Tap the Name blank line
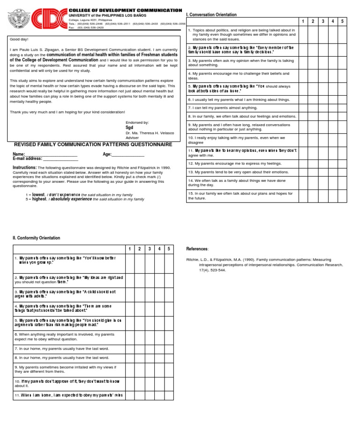[x=51, y=155]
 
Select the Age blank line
[x=128, y=155]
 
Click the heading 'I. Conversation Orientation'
[x=211, y=15]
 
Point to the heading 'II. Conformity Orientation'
[x=37, y=238]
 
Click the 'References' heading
[x=197, y=249]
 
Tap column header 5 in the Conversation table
[x=342, y=22]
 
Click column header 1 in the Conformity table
[x=129, y=249]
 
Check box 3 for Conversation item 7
[x=323, y=108]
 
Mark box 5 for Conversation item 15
[x=342, y=196]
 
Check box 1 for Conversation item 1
[x=303, y=35]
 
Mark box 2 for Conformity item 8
[x=139, y=357]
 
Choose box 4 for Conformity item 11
[x=159, y=395]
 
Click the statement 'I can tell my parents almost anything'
[x=223, y=108]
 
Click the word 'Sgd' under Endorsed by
[x=129, y=128]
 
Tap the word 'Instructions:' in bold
[x=24, y=167]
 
